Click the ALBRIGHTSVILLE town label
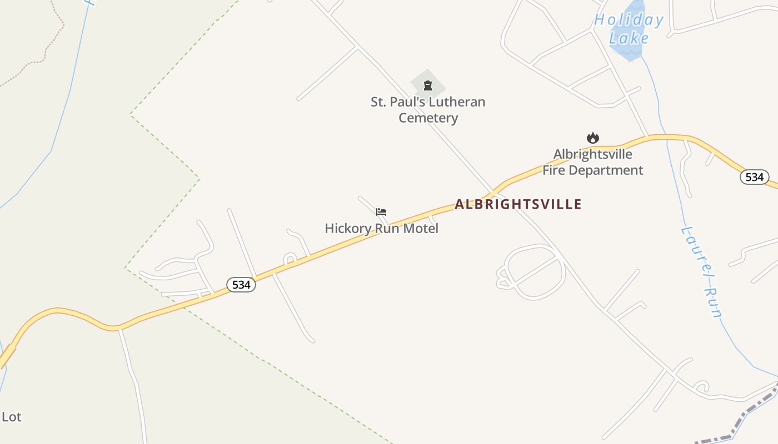518,204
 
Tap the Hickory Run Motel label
381,228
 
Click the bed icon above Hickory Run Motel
381,212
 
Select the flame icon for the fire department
593,138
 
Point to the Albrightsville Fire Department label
592,162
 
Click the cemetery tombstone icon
428,85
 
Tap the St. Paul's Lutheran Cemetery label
428,110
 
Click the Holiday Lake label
629,29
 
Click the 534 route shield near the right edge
754,177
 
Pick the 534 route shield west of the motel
241,285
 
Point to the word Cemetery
428,118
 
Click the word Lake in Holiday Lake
629,38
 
